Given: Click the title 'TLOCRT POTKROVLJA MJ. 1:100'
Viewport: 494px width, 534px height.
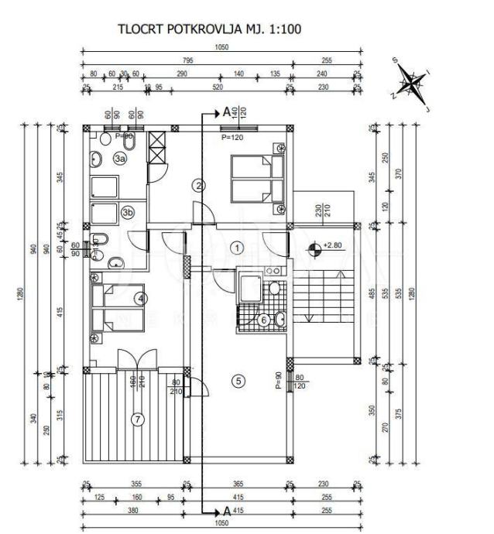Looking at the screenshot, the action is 209,29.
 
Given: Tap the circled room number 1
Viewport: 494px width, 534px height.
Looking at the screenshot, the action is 237,248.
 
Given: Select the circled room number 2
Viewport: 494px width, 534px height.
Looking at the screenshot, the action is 199,185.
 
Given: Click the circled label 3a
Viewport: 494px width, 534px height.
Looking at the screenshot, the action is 120,158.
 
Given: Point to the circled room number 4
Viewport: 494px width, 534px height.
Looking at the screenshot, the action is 139,296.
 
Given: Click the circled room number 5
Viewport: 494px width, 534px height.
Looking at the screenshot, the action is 238,380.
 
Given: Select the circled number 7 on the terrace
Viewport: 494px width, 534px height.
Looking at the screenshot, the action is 139,420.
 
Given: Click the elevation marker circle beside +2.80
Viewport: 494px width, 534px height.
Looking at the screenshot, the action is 314,249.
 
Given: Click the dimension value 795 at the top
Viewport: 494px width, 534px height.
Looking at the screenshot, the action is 188,60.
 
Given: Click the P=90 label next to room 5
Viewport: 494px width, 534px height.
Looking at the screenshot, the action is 277,382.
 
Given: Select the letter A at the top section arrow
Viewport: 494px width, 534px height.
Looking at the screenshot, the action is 226,112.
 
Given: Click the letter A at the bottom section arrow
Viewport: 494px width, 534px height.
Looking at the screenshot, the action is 226,512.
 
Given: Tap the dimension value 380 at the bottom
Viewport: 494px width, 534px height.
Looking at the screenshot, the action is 133,512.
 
